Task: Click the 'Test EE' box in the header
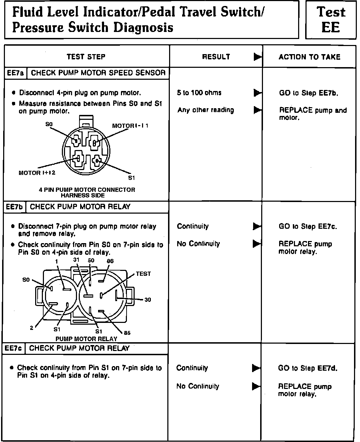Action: [330, 20]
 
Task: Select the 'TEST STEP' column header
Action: [86, 57]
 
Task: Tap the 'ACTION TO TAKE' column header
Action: [309, 57]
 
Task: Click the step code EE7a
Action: [15, 73]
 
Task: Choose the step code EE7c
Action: [14, 349]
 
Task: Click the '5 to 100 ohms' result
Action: [199, 93]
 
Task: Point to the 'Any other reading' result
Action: [205, 110]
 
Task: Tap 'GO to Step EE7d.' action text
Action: [308, 368]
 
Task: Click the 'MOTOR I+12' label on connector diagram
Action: [37, 173]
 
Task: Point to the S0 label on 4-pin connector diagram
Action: [49, 124]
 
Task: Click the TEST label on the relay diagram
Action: [143, 274]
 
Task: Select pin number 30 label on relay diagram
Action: [148, 300]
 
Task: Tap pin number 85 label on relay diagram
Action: [127, 333]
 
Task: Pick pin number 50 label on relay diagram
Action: [91, 260]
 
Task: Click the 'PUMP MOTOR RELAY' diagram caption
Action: [86, 339]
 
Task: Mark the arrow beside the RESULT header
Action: [258, 57]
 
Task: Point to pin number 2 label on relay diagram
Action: [31, 328]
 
